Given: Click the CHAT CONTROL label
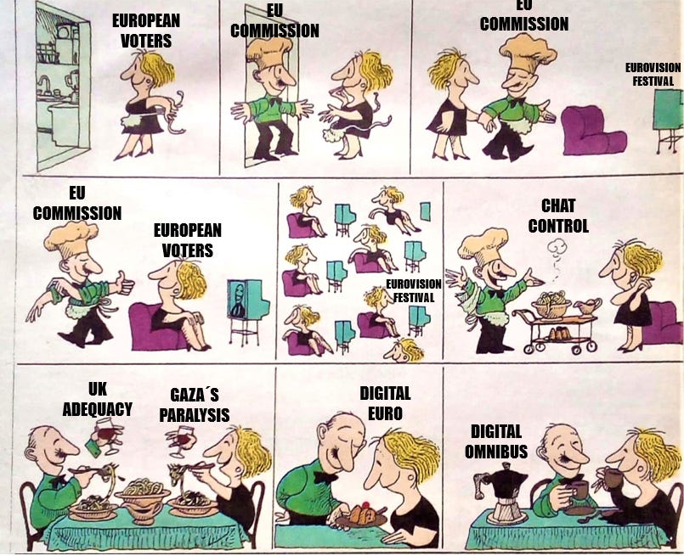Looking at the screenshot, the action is (x=558, y=216).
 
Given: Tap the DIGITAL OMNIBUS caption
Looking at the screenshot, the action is (x=496, y=441).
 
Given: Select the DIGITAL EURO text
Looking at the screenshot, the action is (x=385, y=403).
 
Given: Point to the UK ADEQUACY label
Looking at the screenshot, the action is (x=97, y=399).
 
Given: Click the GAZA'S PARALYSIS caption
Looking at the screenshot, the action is (x=194, y=405).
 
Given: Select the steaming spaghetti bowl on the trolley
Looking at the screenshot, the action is (x=551, y=304).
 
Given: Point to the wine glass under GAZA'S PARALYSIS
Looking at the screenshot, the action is (x=182, y=440).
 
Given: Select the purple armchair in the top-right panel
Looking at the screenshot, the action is (x=593, y=131).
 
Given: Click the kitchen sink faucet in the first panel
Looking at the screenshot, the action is (x=43, y=84).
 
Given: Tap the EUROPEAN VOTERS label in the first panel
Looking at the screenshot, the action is (x=145, y=31).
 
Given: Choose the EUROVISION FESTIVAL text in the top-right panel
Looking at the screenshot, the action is (x=653, y=75).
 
